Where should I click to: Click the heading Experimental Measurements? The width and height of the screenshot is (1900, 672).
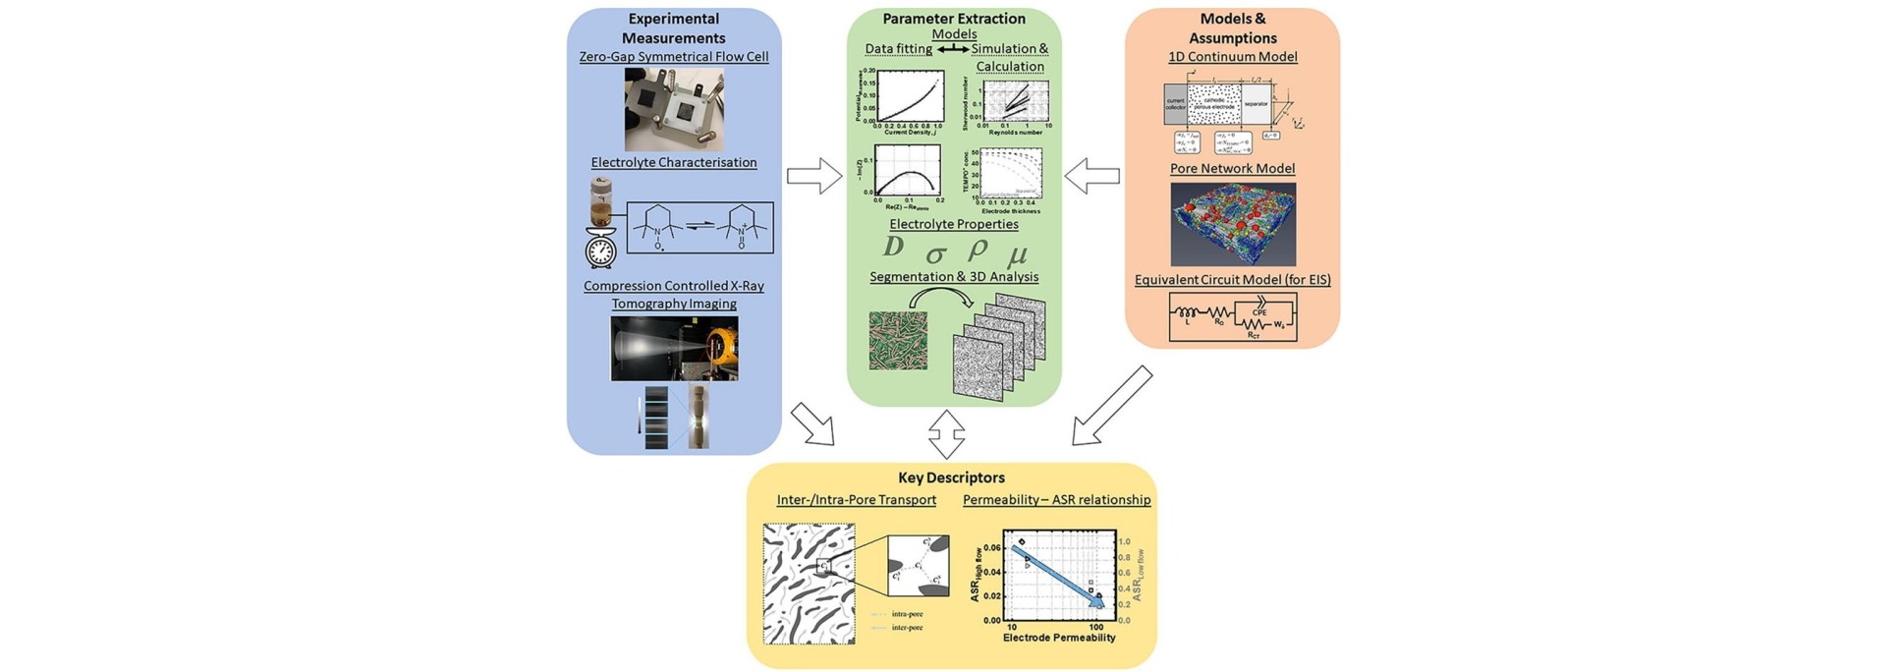673,28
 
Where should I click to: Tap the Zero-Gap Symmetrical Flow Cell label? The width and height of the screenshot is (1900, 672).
674,57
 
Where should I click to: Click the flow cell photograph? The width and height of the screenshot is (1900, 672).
674,109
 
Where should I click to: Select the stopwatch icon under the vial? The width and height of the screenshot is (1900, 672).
600,249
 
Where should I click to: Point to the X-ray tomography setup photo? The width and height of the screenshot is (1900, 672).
674,348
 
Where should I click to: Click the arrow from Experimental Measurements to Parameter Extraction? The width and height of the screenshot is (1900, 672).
814,178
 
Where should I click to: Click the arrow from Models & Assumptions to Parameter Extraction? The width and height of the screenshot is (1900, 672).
1092,178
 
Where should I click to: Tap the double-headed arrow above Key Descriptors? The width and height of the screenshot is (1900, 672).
947,434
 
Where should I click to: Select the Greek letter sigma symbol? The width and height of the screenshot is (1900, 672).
935,254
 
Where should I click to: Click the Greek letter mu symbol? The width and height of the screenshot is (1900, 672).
1018,254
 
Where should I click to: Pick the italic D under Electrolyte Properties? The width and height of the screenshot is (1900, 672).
893,247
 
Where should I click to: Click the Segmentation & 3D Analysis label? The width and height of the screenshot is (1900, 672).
953,277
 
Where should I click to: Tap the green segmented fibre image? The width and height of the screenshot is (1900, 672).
898,340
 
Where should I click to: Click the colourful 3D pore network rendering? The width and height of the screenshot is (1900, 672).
1232,224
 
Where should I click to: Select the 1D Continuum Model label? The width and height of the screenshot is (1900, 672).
1232,57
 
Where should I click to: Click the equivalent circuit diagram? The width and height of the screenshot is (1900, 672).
1232,317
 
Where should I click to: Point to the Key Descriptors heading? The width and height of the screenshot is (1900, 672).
951,478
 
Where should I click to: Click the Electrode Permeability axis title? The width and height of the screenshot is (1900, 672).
1059,638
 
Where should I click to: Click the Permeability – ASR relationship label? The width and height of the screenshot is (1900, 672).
1056,500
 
